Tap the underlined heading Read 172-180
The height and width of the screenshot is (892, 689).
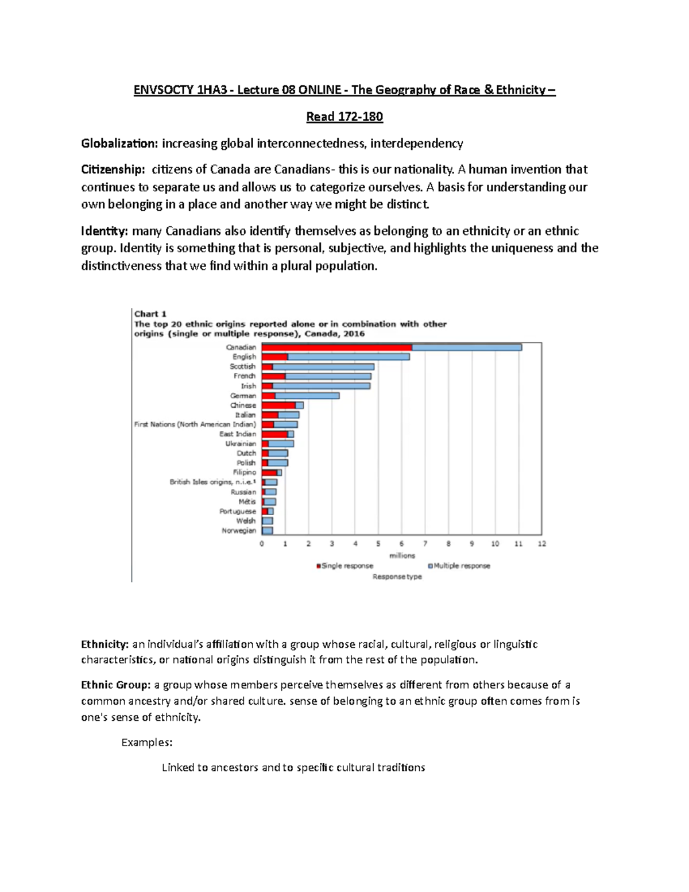pyautogui.click(x=344, y=117)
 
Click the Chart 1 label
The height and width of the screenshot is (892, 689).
pyautogui.click(x=150, y=314)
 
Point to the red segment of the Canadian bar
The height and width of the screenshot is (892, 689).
pyautogui.click(x=336, y=347)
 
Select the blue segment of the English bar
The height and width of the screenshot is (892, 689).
pyautogui.click(x=349, y=357)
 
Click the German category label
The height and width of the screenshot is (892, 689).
pyautogui.click(x=243, y=396)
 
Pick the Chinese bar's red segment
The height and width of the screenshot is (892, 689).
pyautogui.click(x=278, y=406)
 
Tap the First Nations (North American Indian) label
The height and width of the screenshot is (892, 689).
pyautogui.click(x=195, y=424)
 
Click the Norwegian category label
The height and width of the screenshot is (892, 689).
pyautogui.click(x=239, y=531)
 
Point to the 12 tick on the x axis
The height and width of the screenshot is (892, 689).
pyautogui.click(x=541, y=544)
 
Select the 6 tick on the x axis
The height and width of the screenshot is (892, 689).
pyautogui.click(x=402, y=544)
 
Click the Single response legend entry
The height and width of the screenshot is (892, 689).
pyautogui.click(x=346, y=566)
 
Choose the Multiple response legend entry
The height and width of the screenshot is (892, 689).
pyautogui.click(x=461, y=566)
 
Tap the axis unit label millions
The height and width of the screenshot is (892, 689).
pyautogui.click(x=402, y=555)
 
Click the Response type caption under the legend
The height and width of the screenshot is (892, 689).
pyautogui.click(x=397, y=577)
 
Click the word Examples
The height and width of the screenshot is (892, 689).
pyautogui.click(x=147, y=742)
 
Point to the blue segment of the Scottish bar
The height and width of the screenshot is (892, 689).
pyautogui.click(x=323, y=366)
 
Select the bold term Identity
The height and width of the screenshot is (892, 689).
pyautogui.click(x=104, y=231)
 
